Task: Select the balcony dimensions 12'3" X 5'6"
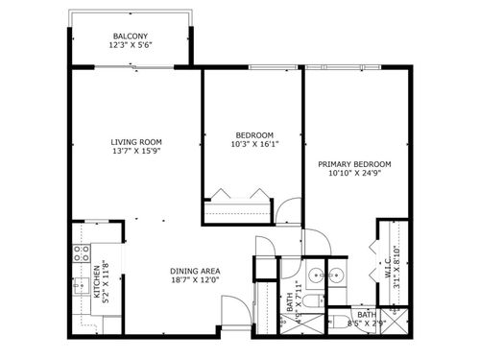(132, 45)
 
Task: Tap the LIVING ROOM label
(134, 142)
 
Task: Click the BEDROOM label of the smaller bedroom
(254, 134)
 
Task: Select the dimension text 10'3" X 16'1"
(254, 145)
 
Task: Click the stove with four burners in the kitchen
(82, 254)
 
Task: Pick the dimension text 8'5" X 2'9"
(367, 324)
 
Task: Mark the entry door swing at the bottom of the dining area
(233, 311)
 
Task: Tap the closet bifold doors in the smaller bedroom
(237, 193)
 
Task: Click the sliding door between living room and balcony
(132, 67)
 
